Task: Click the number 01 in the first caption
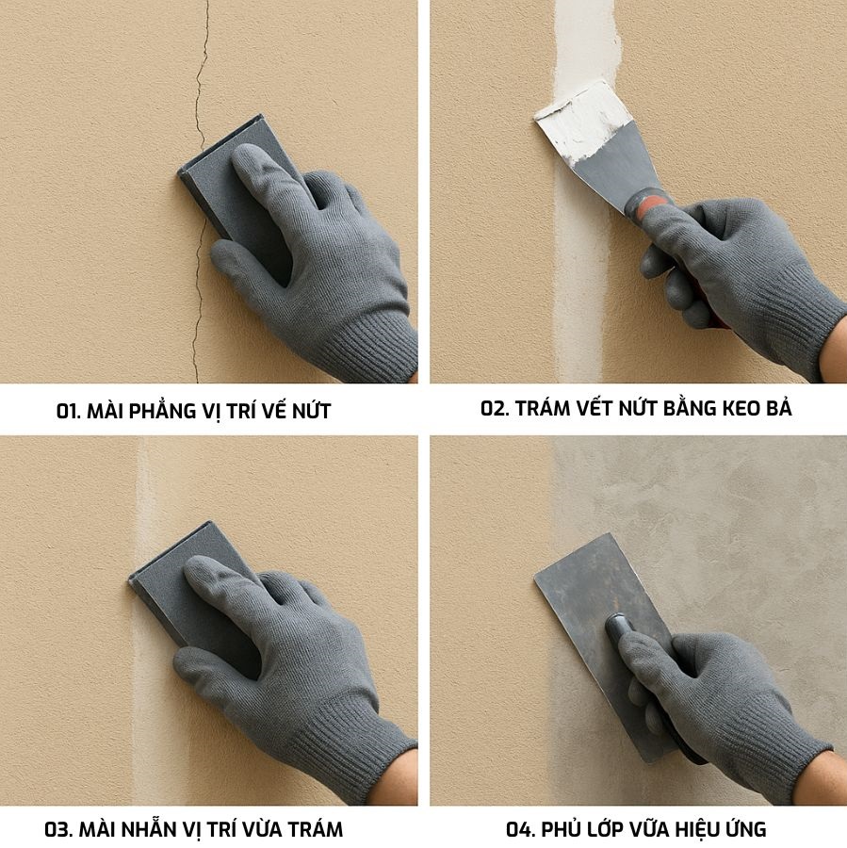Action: click(x=68, y=412)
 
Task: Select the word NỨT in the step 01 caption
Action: click(x=311, y=410)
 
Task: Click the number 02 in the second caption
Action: click(x=495, y=408)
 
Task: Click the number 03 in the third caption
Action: click(x=58, y=829)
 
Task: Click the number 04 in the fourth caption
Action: click(x=520, y=829)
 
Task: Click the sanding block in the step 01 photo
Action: click(x=217, y=173)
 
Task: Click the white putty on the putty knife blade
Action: click(x=584, y=122)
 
